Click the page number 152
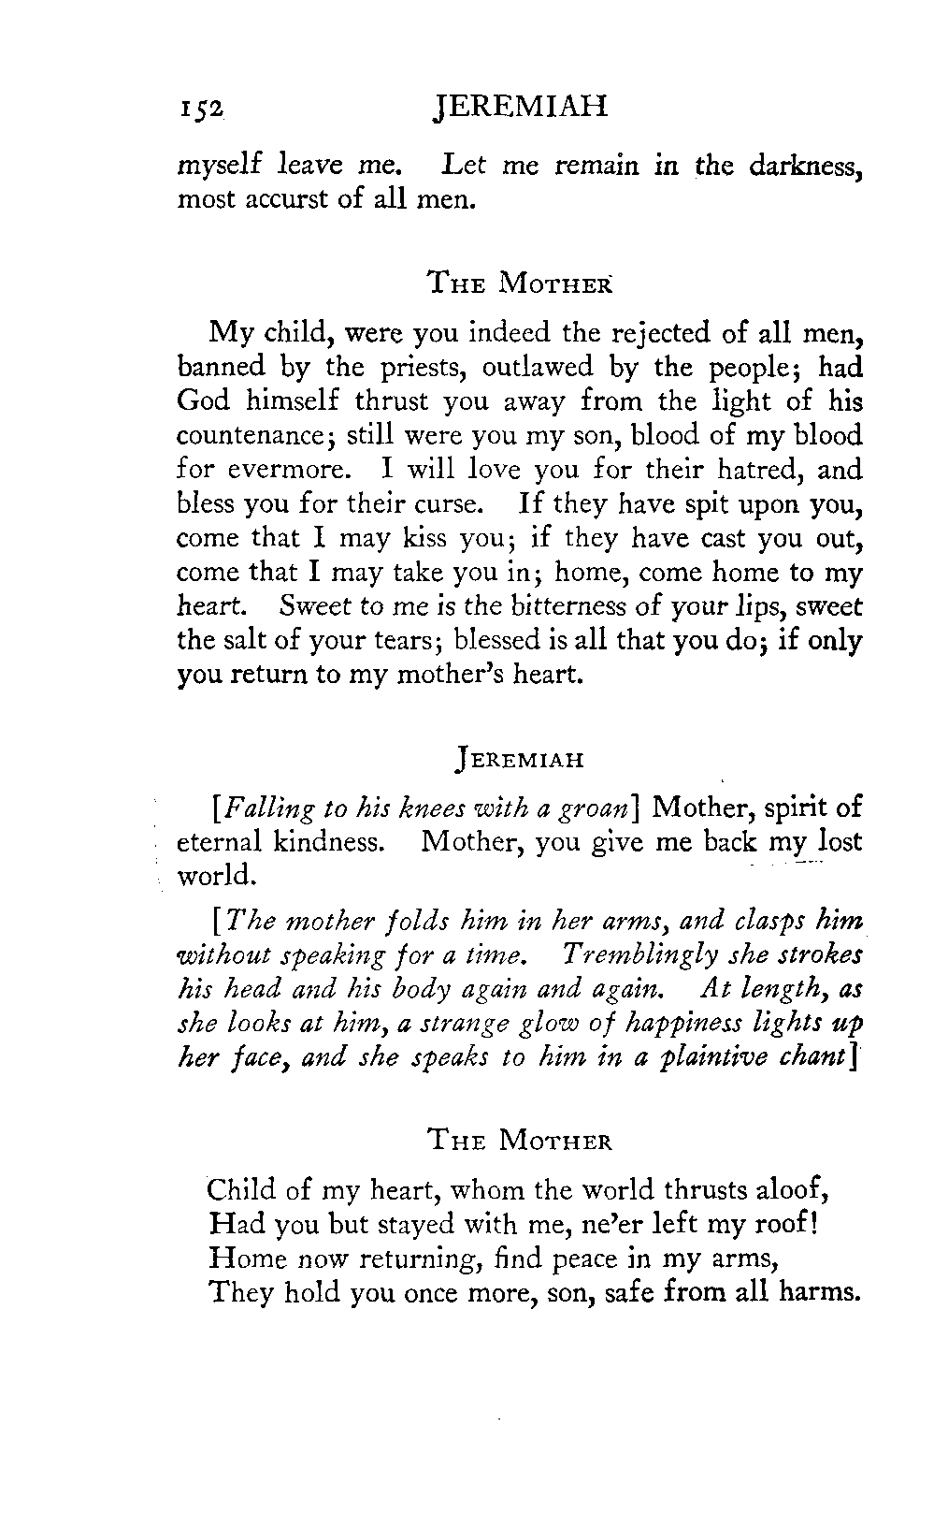pyautogui.click(x=201, y=109)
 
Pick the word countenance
pyautogui.click(x=252, y=437)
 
